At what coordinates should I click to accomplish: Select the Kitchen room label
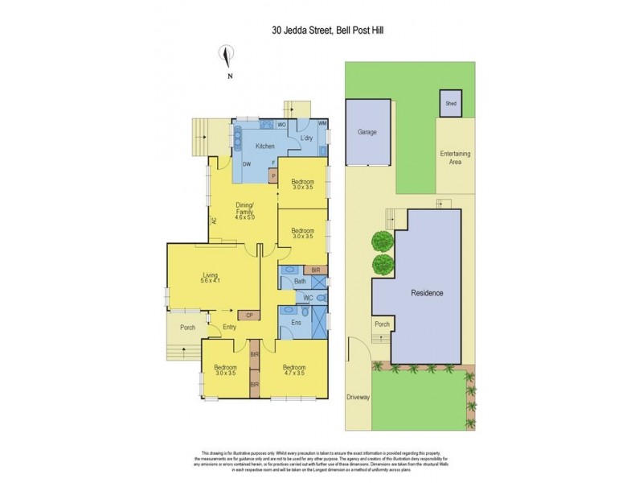[x=265, y=147]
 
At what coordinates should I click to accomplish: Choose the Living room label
[x=211, y=276]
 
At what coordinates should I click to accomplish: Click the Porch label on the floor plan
[x=187, y=328]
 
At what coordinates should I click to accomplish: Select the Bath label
[x=300, y=281]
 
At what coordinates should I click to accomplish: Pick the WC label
[x=306, y=298]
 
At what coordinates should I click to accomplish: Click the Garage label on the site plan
[x=367, y=132]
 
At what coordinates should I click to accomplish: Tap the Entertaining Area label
[x=455, y=157]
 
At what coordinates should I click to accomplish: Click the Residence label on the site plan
[x=427, y=293]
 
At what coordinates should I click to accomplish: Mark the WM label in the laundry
[x=322, y=123]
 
